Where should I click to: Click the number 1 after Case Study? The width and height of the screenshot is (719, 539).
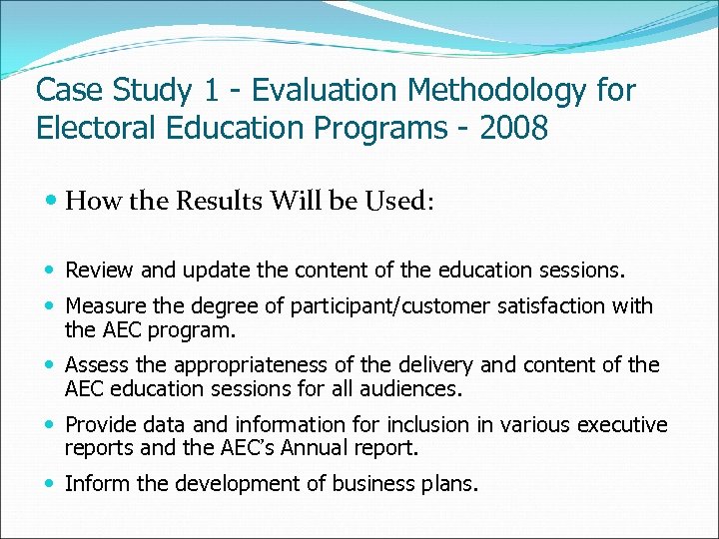click(x=213, y=91)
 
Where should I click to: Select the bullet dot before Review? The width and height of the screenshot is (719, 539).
click(x=51, y=269)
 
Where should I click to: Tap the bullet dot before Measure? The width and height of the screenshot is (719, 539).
click(x=51, y=305)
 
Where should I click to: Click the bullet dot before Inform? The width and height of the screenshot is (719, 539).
click(x=51, y=485)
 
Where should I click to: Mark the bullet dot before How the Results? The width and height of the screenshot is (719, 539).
click(x=51, y=202)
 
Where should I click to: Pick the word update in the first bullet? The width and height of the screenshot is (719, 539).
click(x=204, y=269)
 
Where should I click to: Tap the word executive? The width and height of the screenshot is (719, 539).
click(x=616, y=425)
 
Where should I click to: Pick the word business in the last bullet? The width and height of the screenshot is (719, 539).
click(x=371, y=485)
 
